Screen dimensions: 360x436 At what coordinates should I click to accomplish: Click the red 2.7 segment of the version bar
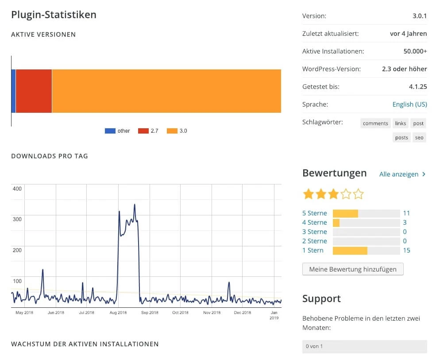pyautogui.click(x=34, y=91)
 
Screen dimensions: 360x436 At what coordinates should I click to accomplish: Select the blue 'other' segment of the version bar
pyautogui.click(x=13, y=91)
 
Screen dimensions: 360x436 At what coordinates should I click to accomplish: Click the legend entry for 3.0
pyautogui.click(x=177, y=131)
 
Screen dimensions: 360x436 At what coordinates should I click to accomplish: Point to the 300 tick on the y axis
pyautogui.click(x=17, y=219)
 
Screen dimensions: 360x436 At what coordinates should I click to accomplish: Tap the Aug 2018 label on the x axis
pyautogui.click(x=118, y=313)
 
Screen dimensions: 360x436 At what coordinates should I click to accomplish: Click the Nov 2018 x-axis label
pyautogui.click(x=212, y=313)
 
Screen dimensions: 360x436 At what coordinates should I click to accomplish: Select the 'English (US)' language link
pyautogui.click(x=409, y=104)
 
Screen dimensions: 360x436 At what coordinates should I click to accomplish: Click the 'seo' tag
pyautogui.click(x=419, y=138)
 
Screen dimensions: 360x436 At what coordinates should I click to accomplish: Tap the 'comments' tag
pyautogui.click(x=375, y=123)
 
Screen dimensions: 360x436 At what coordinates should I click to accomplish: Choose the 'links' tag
pyautogui.click(x=401, y=123)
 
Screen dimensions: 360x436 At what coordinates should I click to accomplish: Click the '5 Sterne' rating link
pyautogui.click(x=314, y=213)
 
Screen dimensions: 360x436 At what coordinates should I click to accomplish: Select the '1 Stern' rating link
pyautogui.click(x=313, y=250)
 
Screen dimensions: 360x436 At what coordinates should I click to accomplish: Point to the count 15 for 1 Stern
pyautogui.click(x=406, y=250)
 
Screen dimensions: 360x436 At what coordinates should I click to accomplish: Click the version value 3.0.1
pyautogui.click(x=420, y=16)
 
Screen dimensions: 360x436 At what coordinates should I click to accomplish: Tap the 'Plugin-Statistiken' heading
pyautogui.click(x=54, y=15)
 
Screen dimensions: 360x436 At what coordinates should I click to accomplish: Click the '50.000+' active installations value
pyautogui.click(x=415, y=51)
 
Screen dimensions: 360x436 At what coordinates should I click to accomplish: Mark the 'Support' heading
pyautogui.click(x=321, y=299)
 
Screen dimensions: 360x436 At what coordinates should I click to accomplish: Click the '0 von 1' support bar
pyautogui.click(x=364, y=346)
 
